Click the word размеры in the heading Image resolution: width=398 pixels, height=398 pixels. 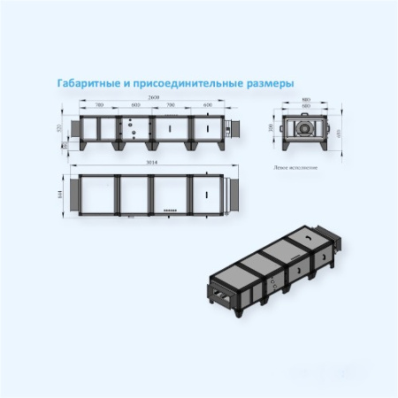pos(264,82)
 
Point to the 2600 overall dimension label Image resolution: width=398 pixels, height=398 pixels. pos(155,96)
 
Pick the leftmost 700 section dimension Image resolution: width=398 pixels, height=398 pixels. pos(99,105)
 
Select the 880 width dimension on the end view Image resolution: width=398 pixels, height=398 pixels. pos(306,99)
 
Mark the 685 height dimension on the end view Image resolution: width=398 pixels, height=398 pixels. pos(338,132)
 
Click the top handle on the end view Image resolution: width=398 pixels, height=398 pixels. pos(306,113)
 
